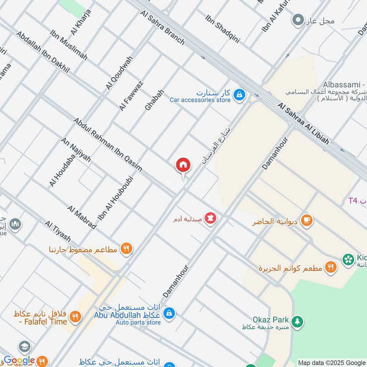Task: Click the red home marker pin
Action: (183, 165)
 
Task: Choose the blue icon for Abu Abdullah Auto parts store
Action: (169, 313)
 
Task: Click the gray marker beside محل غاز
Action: (298, 20)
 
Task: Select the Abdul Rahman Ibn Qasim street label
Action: (108, 145)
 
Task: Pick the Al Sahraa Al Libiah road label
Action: (303, 124)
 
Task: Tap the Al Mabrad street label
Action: (82, 217)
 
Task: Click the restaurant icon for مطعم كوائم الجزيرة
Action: (330, 267)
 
